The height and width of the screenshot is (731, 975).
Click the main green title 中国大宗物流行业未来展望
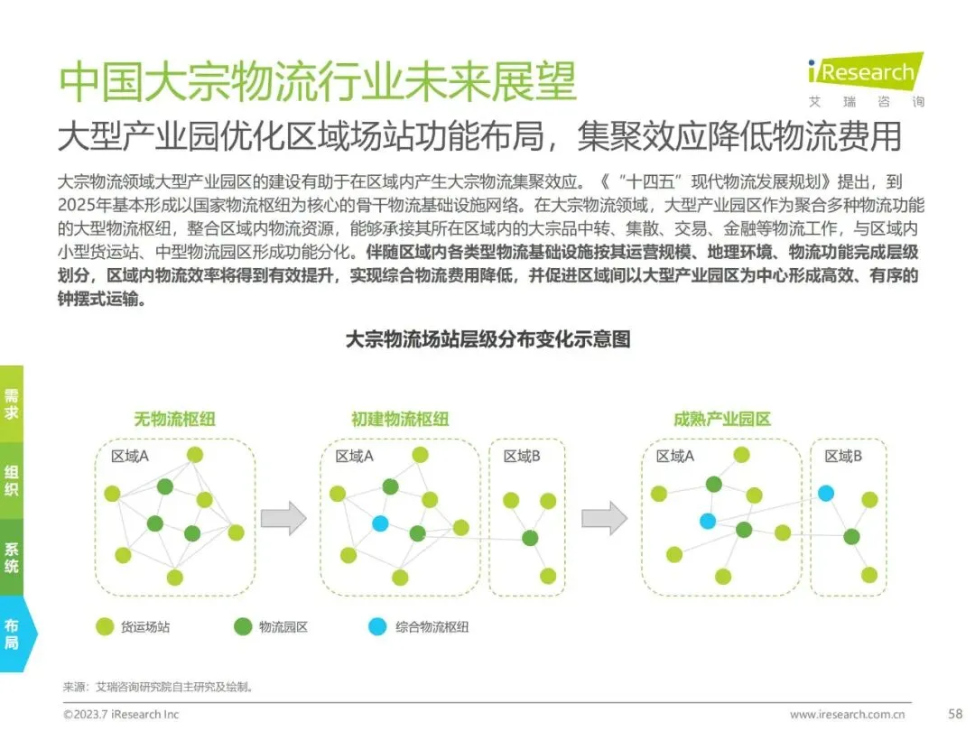(317, 82)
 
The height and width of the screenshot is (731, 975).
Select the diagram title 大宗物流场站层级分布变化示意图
(487, 339)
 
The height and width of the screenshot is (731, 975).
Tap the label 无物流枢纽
(175, 420)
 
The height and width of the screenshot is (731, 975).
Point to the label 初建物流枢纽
(400, 420)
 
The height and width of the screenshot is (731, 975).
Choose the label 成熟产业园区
(722, 420)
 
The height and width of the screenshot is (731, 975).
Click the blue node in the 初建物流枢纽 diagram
(380, 523)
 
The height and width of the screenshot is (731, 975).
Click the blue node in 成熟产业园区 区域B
(826, 493)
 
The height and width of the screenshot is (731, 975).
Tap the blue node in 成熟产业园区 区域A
(708, 521)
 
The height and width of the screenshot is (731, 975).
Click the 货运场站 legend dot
(104, 625)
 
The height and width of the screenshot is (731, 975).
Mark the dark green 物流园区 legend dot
(242, 625)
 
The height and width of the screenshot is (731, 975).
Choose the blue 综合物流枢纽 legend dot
(378, 625)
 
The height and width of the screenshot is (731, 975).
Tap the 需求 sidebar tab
(12, 403)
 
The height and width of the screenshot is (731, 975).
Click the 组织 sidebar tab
(12, 480)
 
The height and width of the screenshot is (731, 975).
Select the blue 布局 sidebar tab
(13, 634)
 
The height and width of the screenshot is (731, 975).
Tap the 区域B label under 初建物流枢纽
(522, 457)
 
